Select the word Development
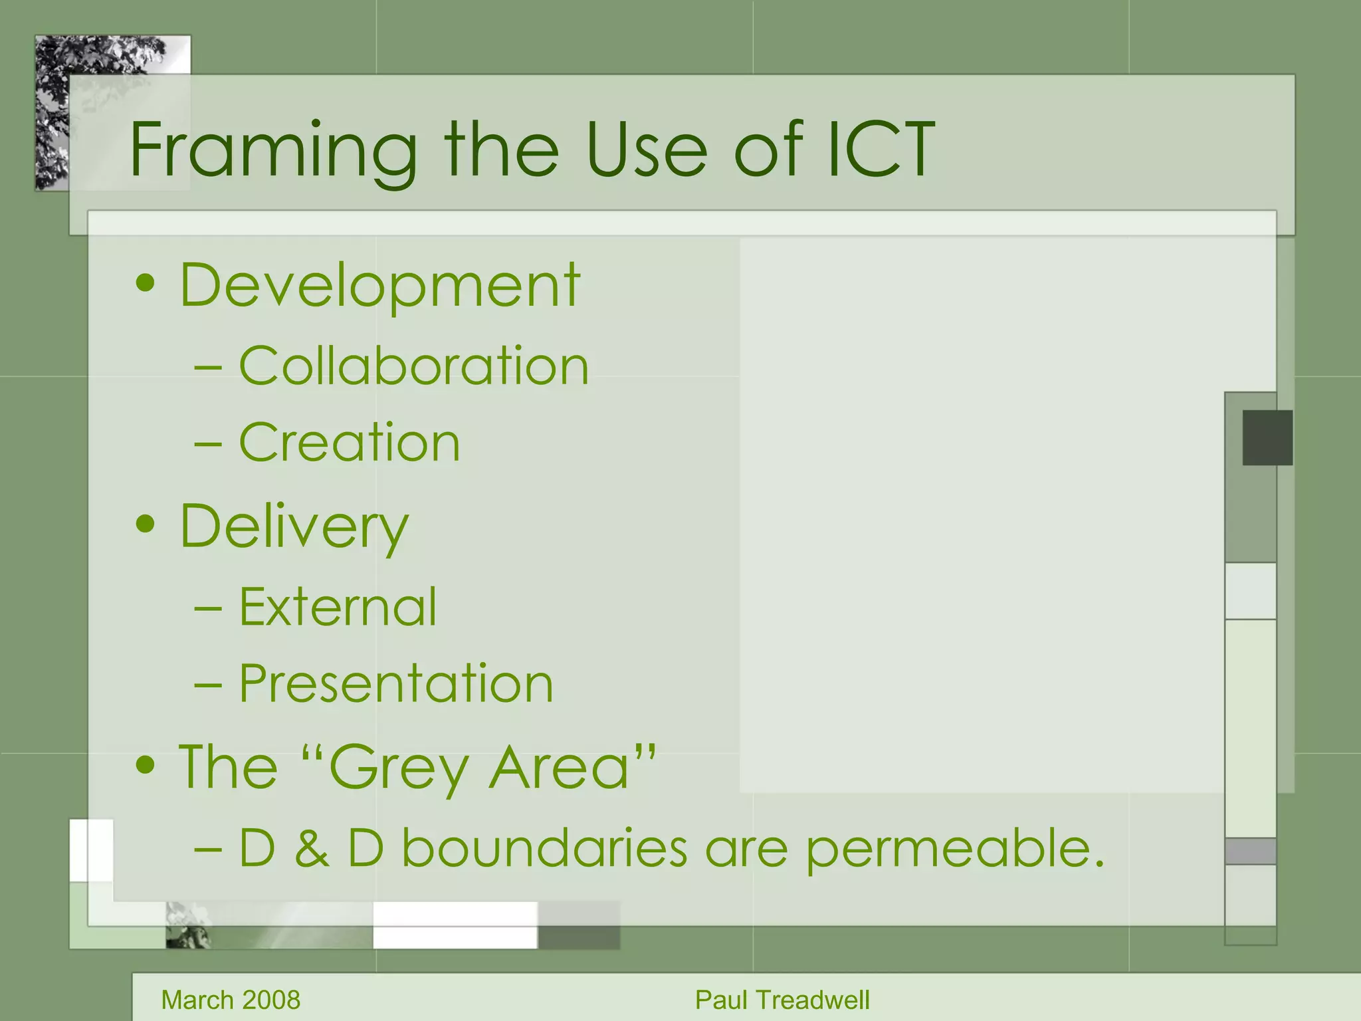(x=379, y=286)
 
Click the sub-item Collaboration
(x=413, y=366)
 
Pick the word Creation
(x=349, y=443)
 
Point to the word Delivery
(x=294, y=527)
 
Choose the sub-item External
(x=338, y=607)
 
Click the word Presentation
(x=396, y=683)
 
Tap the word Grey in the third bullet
(x=399, y=768)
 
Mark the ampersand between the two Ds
(x=311, y=850)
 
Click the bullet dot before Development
(x=145, y=284)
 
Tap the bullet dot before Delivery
(x=145, y=524)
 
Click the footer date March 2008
(x=231, y=1000)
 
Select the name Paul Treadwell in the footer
(x=782, y=1000)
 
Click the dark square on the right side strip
(x=1267, y=437)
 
